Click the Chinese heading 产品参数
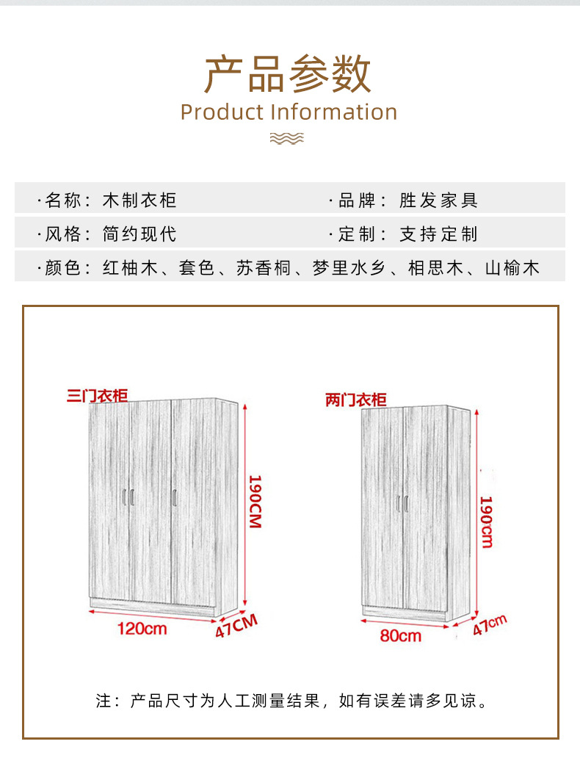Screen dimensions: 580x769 click(x=288, y=73)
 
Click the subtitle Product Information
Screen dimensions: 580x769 click(x=289, y=112)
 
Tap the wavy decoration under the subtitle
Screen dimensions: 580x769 click(x=287, y=138)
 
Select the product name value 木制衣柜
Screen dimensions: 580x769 click(x=139, y=200)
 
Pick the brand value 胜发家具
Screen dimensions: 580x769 click(x=438, y=200)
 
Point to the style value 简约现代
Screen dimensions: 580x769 click(x=139, y=234)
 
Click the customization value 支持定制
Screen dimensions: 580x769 click(x=438, y=234)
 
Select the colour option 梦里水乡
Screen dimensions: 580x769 click(x=349, y=268)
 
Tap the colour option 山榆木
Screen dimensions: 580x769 click(x=512, y=268)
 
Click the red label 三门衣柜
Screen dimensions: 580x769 click(x=97, y=395)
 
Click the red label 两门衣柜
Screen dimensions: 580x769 click(x=356, y=400)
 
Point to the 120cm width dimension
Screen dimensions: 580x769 click(x=142, y=628)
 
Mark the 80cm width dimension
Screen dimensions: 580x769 click(x=401, y=635)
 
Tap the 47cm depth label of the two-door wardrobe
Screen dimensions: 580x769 click(x=489, y=625)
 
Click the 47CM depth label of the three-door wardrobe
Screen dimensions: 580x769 click(x=236, y=626)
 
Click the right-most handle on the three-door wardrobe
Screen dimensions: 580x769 click(x=175, y=497)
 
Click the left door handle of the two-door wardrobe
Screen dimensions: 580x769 click(x=399, y=504)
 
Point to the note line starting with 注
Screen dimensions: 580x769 click(x=292, y=701)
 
